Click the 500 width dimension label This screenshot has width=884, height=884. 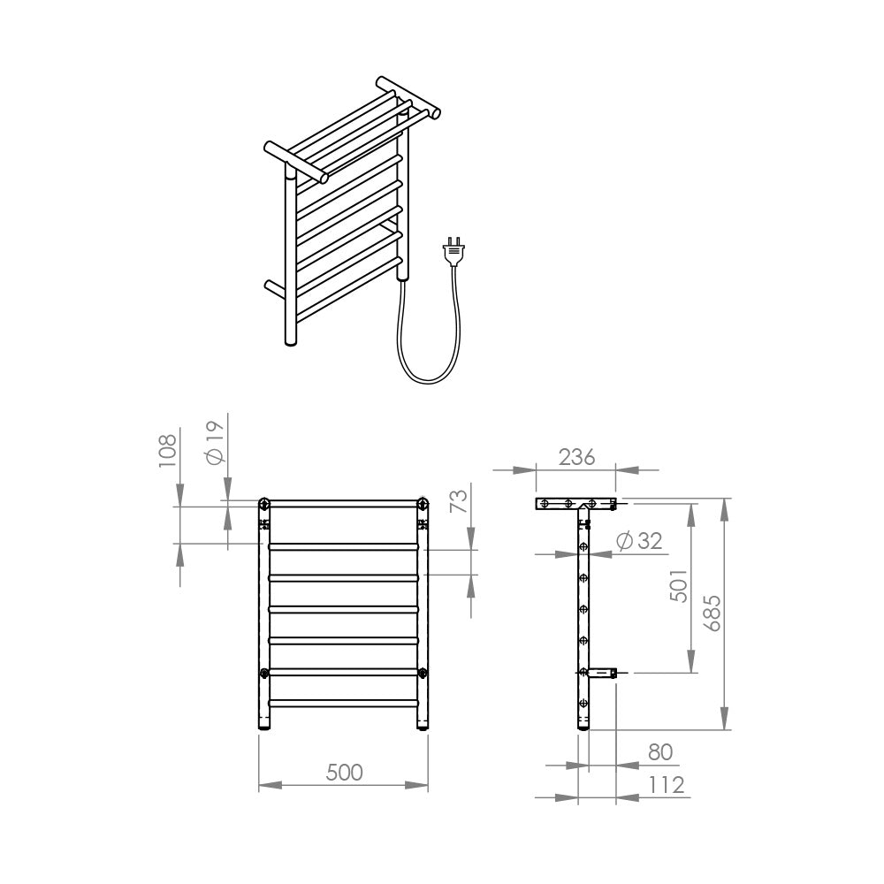coord(344,773)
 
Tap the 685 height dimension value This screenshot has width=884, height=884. coord(713,613)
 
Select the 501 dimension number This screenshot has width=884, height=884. coord(679,586)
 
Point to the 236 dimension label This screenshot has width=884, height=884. coord(576,457)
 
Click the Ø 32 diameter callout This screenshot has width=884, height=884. coord(639,541)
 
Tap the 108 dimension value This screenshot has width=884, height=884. coord(167,451)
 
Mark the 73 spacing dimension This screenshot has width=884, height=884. coord(459,500)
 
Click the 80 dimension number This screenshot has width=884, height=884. coord(660,752)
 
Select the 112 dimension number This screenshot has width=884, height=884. coord(667,785)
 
